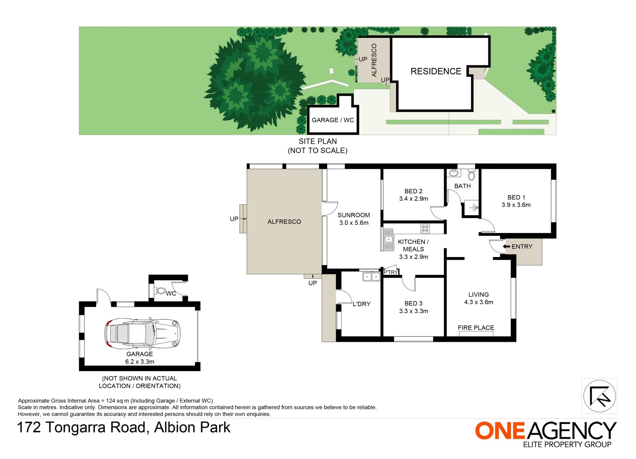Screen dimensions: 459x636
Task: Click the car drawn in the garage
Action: click(142, 333)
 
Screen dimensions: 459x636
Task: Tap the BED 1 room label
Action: click(516, 198)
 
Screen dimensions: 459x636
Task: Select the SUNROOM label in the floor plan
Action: click(354, 215)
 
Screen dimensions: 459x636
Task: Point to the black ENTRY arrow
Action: click(506, 246)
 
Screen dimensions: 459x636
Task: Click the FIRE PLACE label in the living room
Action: click(476, 328)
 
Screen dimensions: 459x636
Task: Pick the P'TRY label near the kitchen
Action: click(391, 272)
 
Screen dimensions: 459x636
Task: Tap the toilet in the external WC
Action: click(161, 291)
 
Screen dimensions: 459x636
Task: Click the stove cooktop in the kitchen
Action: click(425, 229)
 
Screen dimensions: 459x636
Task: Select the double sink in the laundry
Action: click(371, 277)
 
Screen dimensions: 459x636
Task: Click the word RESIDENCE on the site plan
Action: click(436, 71)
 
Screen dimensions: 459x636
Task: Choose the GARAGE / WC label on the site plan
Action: click(333, 120)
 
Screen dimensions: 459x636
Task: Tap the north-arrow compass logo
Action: click(599, 396)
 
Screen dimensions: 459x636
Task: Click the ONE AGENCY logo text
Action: click(545, 431)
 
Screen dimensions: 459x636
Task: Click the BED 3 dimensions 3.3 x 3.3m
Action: click(414, 311)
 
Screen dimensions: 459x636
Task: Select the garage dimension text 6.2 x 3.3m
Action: click(140, 362)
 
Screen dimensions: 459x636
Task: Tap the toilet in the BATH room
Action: click(471, 176)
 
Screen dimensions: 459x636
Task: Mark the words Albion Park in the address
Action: click(192, 428)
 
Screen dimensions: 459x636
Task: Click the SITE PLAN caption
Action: click(317, 142)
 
